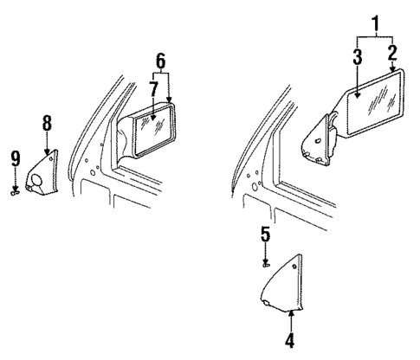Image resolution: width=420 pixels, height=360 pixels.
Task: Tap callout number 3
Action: pos(358,57)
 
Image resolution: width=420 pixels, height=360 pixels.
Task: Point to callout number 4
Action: pos(291,341)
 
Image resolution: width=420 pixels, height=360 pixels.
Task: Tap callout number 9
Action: pos(16,157)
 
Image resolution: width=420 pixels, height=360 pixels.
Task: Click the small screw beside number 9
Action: pos(16,193)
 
